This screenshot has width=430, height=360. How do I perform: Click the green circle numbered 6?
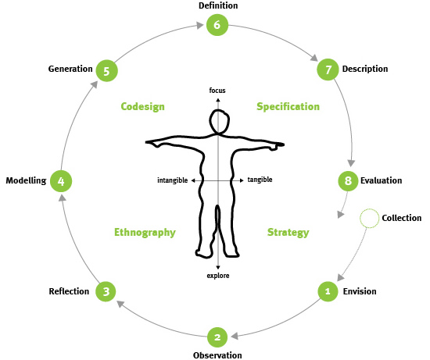[x=217, y=25]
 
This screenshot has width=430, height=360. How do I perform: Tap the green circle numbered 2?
[x=217, y=337]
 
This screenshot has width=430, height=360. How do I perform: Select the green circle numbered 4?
[x=61, y=181]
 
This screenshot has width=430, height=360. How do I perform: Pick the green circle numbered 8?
[x=348, y=181]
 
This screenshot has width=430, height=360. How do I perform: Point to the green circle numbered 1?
[x=328, y=291]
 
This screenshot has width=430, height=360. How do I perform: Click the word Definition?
[x=218, y=5]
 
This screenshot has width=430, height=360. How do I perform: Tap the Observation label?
[x=217, y=355]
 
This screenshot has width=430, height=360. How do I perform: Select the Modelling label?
[x=26, y=181]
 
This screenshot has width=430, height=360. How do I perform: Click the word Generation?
[x=70, y=69]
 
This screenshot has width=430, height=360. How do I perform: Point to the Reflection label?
[x=69, y=291]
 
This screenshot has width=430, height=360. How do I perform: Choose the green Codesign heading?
[x=142, y=107]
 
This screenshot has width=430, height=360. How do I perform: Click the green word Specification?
[x=288, y=107]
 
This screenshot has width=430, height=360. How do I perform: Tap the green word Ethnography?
[x=145, y=233]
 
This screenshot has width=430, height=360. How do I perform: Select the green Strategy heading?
[x=288, y=233]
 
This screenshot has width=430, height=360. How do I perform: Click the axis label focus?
[x=217, y=91]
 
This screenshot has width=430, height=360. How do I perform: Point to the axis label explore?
[x=218, y=276]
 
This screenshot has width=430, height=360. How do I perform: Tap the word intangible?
[x=173, y=180]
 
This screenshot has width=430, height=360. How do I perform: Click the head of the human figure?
[x=219, y=122]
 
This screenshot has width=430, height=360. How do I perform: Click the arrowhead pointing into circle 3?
[x=120, y=304]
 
